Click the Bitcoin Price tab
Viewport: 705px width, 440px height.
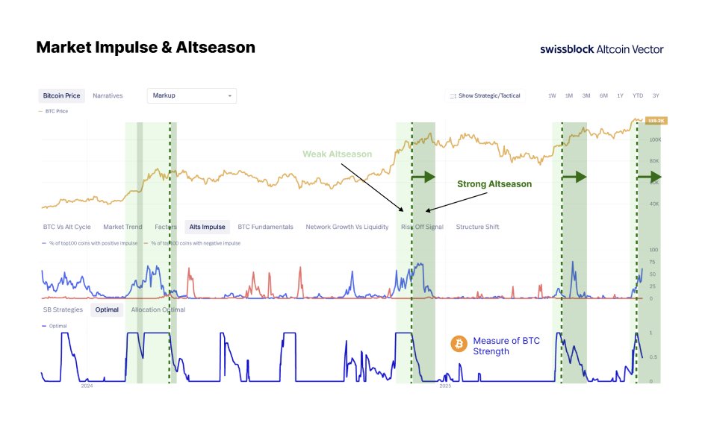(x=61, y=95)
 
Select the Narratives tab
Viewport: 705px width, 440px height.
(x=108, y=95)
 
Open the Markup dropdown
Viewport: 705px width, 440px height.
(x=192, y=95)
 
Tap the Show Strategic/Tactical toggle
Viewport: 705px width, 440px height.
(x=485, y=95)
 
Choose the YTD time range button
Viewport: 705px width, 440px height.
(x=638, y=95)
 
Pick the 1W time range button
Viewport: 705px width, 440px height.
(x=552, y=95)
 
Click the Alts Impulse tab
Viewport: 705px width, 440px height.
(x=207, y=227)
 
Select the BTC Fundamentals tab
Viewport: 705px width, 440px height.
(x=265, y=227)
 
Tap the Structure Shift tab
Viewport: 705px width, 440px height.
(x=477, y=227)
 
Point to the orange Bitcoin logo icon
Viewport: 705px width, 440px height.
(x=459, y=344)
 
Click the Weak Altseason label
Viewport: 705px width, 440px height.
(x=337, y=154)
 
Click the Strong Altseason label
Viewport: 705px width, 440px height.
(x=494, y=183)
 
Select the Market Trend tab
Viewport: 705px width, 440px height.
(x=122, y=227)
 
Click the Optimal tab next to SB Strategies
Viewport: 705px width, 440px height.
(x=107, y=309)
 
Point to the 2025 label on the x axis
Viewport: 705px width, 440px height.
(x=445, y=386)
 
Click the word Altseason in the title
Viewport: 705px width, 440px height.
(x=219, y=48)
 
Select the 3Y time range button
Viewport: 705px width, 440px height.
(x=655, y=95)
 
